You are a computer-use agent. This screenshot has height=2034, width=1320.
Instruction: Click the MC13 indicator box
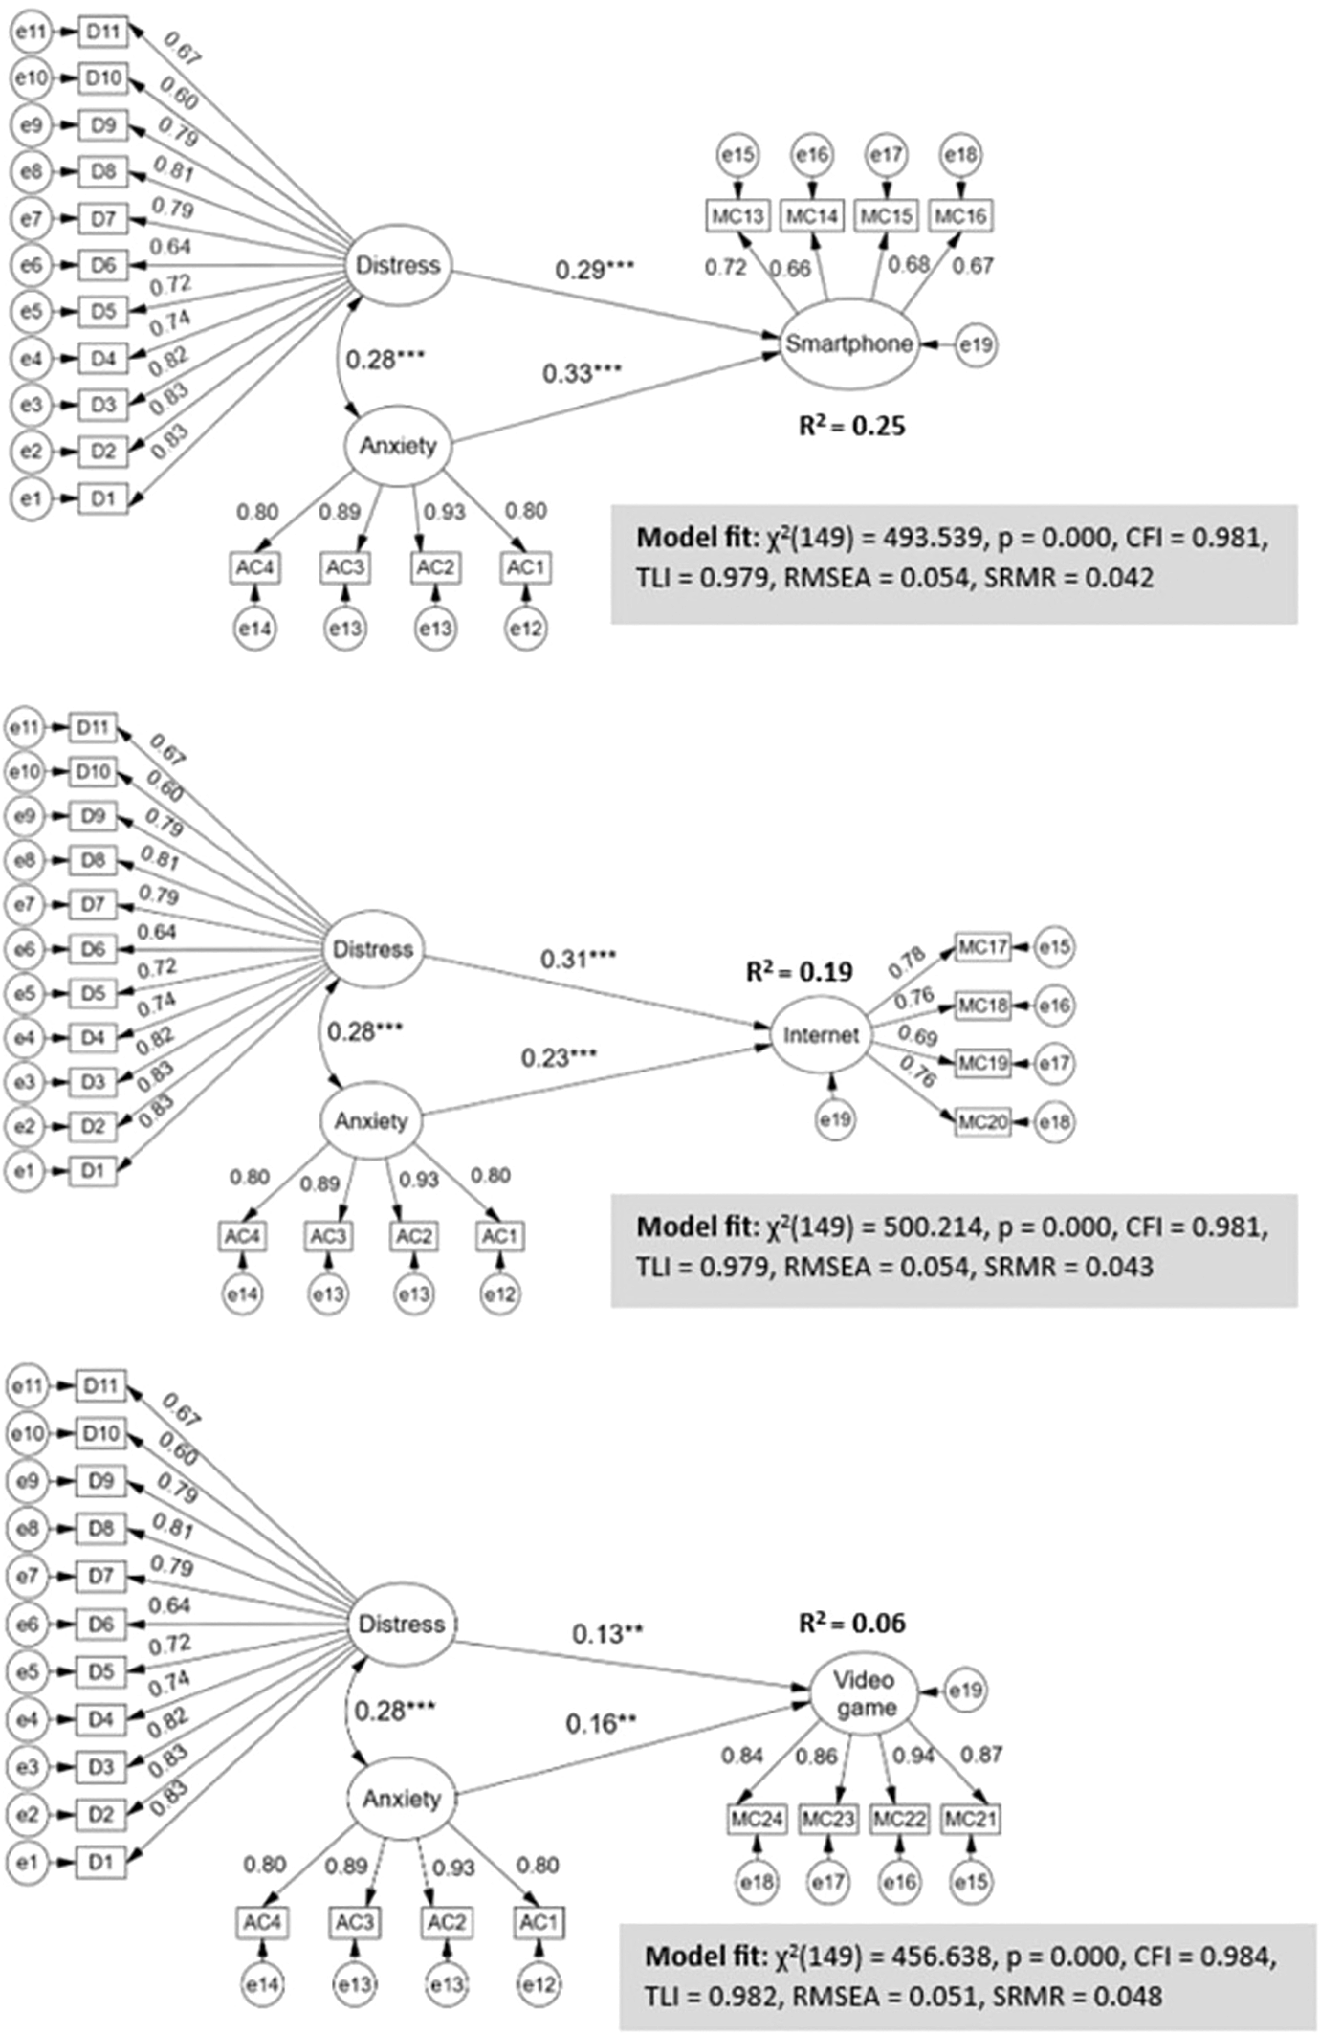coord(738,216)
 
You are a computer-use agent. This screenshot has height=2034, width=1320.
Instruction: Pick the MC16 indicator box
coord(960,216)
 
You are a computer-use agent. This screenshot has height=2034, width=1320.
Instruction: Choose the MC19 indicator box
coord(983,1063)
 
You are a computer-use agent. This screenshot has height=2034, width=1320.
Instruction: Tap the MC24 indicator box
coord(757,1819)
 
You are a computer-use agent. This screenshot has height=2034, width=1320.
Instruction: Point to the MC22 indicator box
coord(899,1819)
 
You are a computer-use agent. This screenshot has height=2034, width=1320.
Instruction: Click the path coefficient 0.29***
coord(595,270)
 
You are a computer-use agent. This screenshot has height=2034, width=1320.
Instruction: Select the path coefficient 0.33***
coord(583,373)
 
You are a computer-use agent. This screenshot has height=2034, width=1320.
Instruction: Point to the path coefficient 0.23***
coord(560,1058)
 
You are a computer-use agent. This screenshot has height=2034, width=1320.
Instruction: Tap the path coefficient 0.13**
coord(607,1634)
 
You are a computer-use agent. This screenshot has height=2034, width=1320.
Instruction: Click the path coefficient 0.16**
coord(601,1724)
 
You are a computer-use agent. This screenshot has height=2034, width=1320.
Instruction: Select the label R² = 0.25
coord(852,425)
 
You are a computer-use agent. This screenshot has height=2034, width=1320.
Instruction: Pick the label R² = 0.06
coord(852,1623)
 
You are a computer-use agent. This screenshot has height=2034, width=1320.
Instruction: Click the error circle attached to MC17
coord(1054,947)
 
